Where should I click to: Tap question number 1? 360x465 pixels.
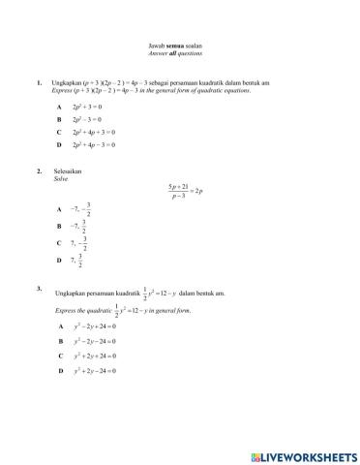(x=39, y=83)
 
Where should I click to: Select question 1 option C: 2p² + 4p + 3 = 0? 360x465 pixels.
(x=93, y=131)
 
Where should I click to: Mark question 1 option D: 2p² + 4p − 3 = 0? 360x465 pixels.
(x=93, y=144)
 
